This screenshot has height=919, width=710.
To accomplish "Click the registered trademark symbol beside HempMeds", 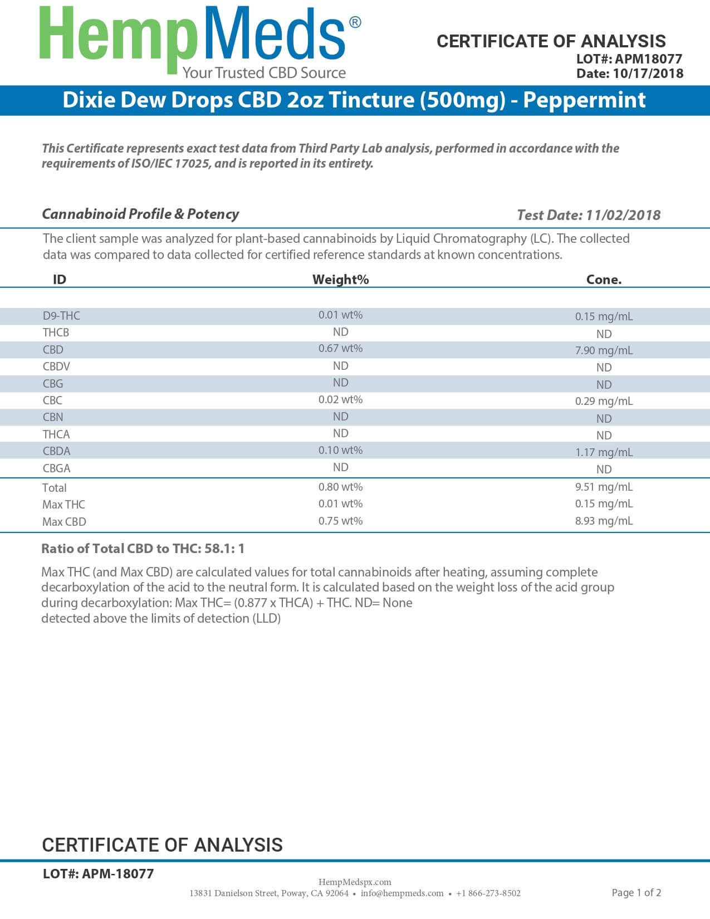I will tap(355, 22).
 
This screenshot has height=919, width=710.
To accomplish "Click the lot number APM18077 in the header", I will tap(648, 58).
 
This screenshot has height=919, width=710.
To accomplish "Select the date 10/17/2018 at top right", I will tap(648, 74).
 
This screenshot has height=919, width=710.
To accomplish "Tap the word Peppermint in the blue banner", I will tap(584, 100).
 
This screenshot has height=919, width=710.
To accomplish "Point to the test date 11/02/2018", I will tap(623, 215).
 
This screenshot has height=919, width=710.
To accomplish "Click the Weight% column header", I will tap(340, 280).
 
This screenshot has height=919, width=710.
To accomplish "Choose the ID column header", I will tap(59, 280).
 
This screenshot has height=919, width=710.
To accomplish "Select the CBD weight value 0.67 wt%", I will tap(340, 349).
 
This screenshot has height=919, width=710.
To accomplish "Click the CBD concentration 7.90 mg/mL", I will tap(604, 350).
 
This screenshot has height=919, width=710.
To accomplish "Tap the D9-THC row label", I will tap(61, 316).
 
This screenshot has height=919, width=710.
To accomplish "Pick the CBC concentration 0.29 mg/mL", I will tap(604, 401).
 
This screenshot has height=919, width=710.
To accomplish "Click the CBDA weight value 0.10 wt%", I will tap(340, 451).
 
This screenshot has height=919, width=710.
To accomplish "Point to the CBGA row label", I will tap(56, 468).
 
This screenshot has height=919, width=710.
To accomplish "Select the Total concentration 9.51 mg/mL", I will tap(604, 487).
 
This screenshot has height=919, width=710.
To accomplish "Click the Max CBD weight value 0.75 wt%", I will tap(340, 521).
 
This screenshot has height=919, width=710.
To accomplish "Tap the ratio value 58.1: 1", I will tap(224, 549).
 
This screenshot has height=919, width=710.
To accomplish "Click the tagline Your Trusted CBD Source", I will tap(264, 73).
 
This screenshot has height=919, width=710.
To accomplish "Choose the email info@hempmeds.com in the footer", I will tap(402, 893).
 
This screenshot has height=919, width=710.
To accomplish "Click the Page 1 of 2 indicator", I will tap(636, 893).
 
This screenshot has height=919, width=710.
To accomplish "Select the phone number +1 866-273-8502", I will tap(488, 893).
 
